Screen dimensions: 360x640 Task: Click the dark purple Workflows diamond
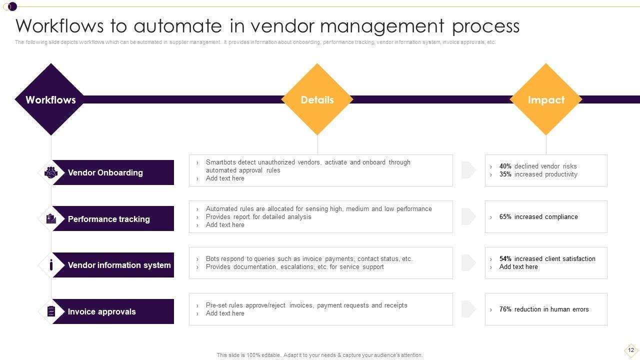(x=50, y=99)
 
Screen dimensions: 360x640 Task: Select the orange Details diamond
(x=317, y=99)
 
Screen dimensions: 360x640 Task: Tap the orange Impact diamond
(x=546, y=99)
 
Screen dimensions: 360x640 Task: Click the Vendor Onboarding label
(x=105, y=172)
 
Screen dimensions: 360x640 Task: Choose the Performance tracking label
(x=108, y=219)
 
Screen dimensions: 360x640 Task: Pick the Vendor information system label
(x=119, y=265)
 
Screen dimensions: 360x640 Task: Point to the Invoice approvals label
(x=101, y=311)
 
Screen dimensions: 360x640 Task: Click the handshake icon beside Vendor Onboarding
(x=51, y=172)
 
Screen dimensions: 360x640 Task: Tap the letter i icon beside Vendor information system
(x=51, y=265)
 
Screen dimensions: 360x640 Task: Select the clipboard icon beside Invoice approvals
(x=51, y=311)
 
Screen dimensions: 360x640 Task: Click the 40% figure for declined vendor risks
(x=505, y=166)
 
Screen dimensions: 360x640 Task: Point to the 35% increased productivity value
(x=505, y=174)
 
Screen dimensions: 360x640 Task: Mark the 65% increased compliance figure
(x=505, y=217)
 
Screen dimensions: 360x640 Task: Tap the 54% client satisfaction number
(x=505, y=259)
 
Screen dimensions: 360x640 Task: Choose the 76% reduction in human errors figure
(x=505, y=309)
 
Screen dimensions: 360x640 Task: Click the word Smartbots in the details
(x=220, y=162)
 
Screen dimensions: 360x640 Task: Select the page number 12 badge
(x=631, y=350)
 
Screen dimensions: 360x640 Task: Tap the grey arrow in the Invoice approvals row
(x=468, y=309)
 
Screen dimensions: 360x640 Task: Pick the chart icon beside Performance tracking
(x=51, y=219)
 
